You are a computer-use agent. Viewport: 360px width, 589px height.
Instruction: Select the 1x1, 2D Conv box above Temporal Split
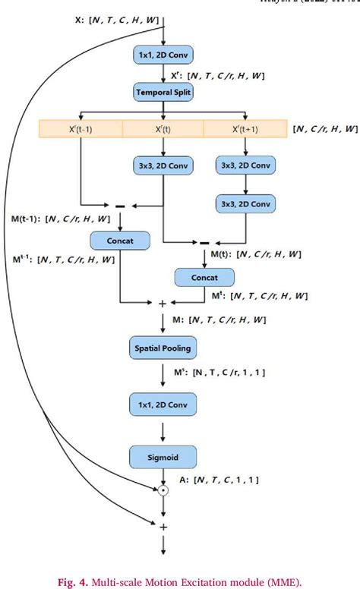(x=163, y=55)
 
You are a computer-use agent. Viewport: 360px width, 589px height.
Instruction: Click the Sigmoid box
(x=163, y=456)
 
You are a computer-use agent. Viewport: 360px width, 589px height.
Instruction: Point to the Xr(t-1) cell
(x=81, y=129)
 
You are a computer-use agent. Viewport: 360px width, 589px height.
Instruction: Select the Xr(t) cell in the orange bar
(x=163, y=129)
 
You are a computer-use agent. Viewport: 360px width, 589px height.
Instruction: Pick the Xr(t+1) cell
(x=245, y=129)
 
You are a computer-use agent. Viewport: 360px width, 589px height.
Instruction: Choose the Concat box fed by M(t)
(x=204, y=278)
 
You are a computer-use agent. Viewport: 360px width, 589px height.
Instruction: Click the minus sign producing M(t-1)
(x=120, y=205)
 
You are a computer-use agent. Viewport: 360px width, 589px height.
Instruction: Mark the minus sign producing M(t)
(x=204, y=243)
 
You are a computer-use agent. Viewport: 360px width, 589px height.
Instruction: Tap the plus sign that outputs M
(x=162, y=303)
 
